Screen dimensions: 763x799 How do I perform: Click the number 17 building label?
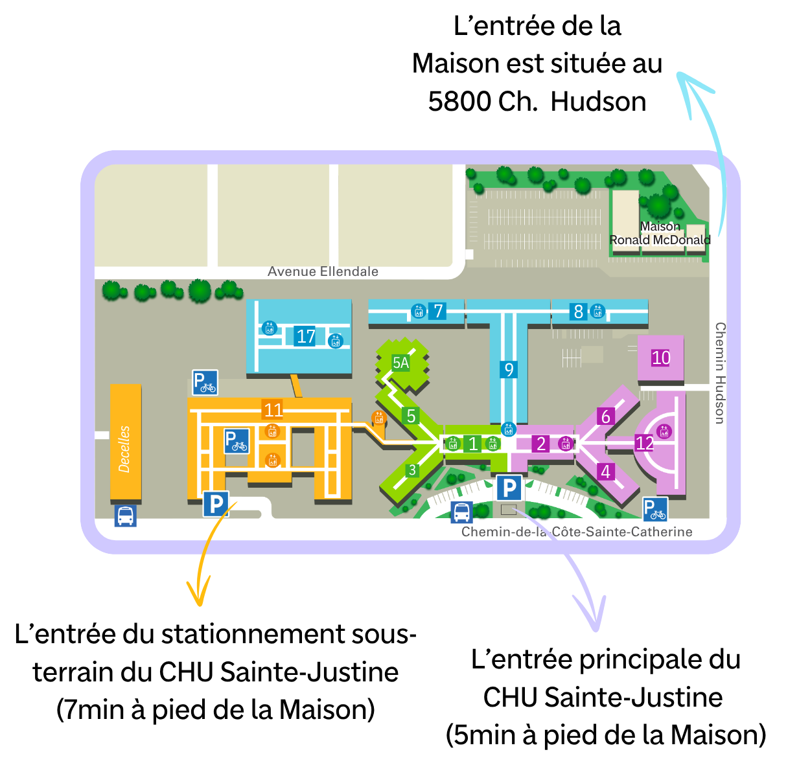pos(305,336)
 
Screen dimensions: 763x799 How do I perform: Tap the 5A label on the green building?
pos(401,363)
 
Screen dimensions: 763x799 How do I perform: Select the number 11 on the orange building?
pos(273,410)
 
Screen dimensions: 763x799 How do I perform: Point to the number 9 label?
pos(509,369)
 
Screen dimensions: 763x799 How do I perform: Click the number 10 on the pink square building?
pos(660,358)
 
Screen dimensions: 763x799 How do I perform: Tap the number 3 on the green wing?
pos(412,470)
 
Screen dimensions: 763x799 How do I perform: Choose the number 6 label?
pos(606,416)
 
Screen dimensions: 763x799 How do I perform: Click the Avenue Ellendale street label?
pos(323,271)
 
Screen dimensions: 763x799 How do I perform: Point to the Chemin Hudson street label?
pos(720,373)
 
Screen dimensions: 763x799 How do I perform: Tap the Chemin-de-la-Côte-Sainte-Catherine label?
pos(576,532)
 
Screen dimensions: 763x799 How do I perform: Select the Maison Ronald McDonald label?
pos(659,233)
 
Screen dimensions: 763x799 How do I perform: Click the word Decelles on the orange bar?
pos(124,449)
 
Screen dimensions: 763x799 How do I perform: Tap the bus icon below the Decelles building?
pos(126,516)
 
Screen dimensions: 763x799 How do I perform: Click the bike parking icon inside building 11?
pos(237,441)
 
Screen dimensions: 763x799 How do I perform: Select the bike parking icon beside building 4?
pos(655,510)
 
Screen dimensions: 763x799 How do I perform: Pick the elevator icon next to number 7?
pos(419,312)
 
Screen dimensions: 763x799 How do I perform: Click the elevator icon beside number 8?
pos(597,312)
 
